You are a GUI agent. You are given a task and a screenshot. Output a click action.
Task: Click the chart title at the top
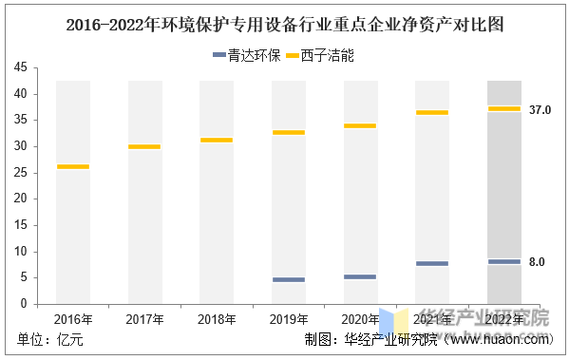click(x=284, y=26)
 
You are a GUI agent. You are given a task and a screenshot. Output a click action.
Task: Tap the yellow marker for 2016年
click(x=73, y=167)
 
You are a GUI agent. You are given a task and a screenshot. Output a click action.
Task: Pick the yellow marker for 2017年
click(x=144, y=147)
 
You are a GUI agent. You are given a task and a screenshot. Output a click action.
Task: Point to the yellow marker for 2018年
click(x=217, y=141)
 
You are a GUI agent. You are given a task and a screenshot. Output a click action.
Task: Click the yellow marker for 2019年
click(x=289, y=133)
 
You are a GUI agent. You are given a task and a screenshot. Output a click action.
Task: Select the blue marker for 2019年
click(x=289, y=280)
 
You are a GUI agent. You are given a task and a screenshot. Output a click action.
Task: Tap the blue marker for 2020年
click(x=360, y=277)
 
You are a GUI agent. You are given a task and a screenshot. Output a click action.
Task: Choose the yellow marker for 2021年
click(x=432, y=113)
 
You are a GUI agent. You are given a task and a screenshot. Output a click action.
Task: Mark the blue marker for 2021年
click(x=432, y=264)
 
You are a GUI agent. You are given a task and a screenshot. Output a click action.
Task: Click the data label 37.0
click(x=541, y=110)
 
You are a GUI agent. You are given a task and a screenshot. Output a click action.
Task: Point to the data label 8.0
click(x=537, y=262)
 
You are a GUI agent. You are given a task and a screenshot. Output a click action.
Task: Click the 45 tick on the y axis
click(x=21, y=67)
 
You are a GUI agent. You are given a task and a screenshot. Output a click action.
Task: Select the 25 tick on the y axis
click(x=21, y=173)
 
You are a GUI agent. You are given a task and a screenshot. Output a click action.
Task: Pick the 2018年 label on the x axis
click(x=217, y=318)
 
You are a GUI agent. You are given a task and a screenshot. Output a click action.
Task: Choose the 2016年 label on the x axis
click(x=73, y=318)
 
